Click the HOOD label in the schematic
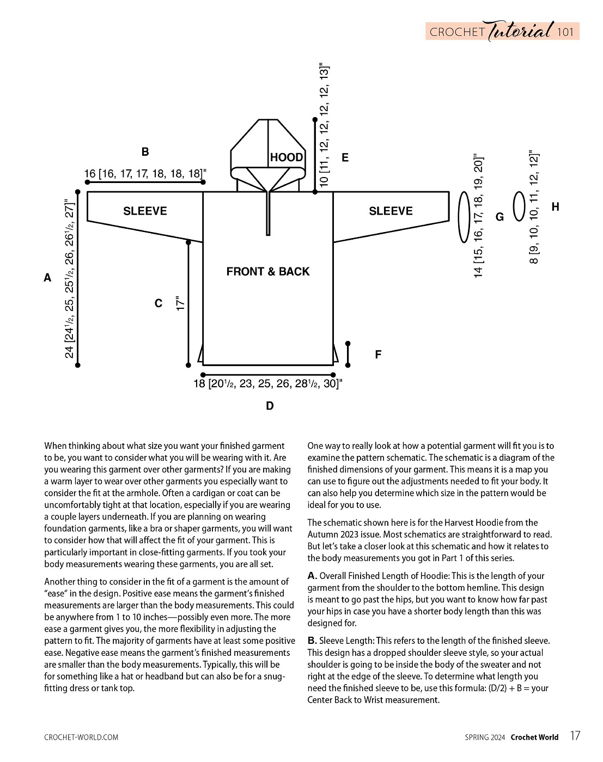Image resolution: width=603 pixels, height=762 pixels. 287,157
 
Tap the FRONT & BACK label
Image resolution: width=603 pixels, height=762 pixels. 267,271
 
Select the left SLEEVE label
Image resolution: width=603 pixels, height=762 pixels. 145,211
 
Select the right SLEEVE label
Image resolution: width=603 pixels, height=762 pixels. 391,211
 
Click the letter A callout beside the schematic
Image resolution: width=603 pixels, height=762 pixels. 47,278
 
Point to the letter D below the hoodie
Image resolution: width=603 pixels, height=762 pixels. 270,406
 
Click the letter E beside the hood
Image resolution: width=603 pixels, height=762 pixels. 345,158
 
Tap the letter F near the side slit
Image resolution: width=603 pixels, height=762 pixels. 378,355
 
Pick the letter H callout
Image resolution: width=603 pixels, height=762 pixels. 555,207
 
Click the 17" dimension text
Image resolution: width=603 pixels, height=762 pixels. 181,303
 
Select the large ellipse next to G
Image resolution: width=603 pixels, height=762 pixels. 464,217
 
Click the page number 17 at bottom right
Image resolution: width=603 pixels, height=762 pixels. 575,736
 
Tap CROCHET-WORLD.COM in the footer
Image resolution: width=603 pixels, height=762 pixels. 81,737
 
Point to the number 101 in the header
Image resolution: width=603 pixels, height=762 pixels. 565,32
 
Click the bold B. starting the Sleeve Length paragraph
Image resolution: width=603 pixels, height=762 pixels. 312,641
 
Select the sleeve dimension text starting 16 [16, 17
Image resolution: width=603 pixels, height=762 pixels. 145,174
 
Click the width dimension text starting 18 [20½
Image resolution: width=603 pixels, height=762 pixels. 267,384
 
